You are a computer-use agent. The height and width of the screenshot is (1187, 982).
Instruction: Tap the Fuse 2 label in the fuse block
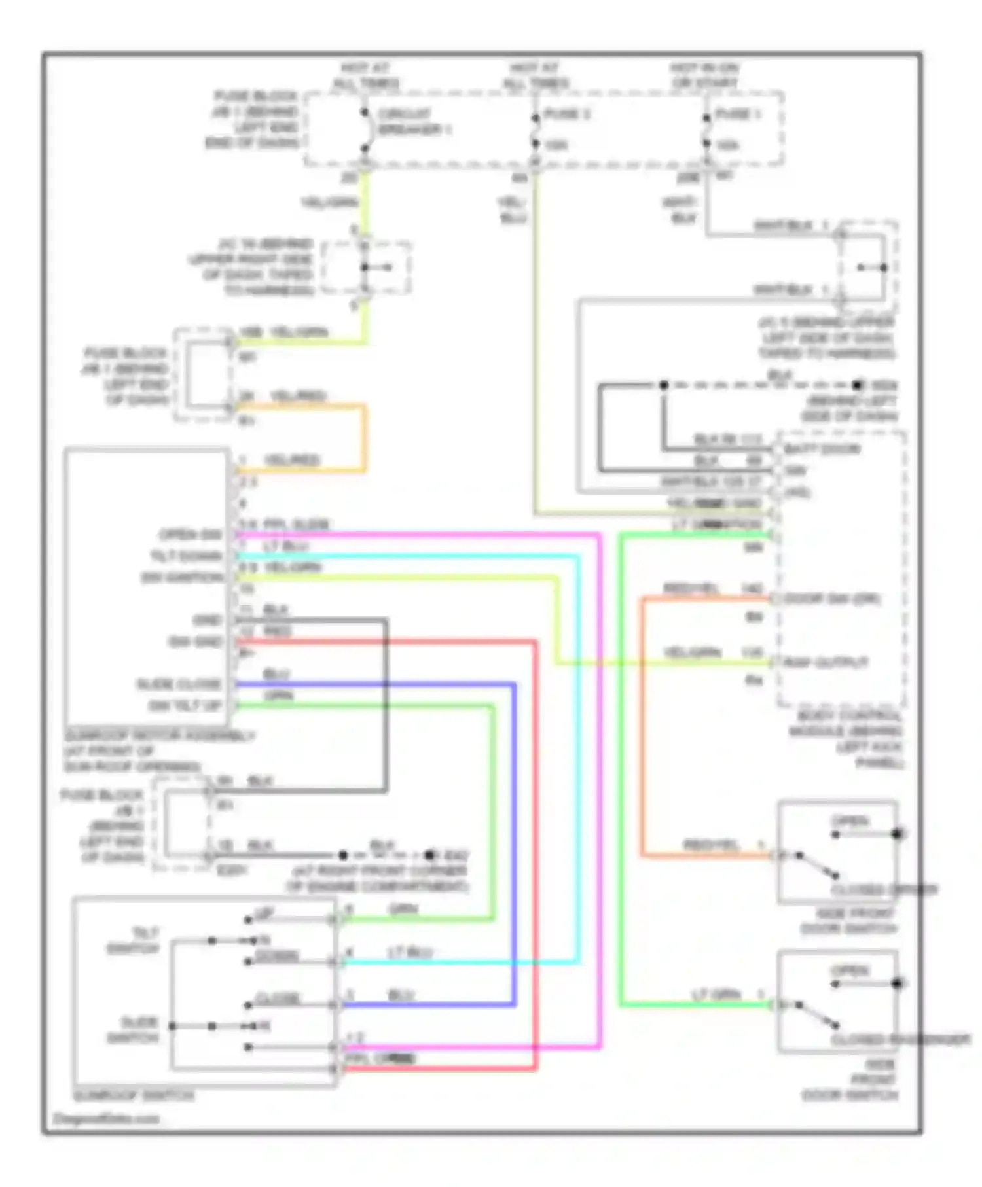[x=567, y=114]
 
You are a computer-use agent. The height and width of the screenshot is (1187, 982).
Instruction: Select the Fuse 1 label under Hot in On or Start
[x=737, y=114]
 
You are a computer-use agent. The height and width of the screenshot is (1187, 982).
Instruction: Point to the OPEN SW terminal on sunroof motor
[x=191, y=535]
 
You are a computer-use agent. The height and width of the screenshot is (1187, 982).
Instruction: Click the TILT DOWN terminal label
[x=186, y=556]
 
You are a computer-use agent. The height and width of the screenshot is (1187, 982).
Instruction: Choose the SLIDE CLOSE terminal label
[x=178, y=684]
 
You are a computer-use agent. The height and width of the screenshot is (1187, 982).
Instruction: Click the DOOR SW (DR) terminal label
[x=831, y=599]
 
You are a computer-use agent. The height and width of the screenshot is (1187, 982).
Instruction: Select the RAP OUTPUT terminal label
[x=826, y=662]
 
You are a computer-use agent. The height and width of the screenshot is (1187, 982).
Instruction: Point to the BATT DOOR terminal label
[x=822, y=449]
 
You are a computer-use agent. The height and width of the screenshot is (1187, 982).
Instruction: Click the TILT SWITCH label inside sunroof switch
[x=134, y=940]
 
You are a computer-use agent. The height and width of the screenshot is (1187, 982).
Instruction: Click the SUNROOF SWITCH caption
[x=134, y=1095]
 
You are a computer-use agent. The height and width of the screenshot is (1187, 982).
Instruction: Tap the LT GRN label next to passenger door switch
[x=716, y=995]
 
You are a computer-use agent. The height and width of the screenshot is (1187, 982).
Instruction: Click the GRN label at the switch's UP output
[x=403, y=909]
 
